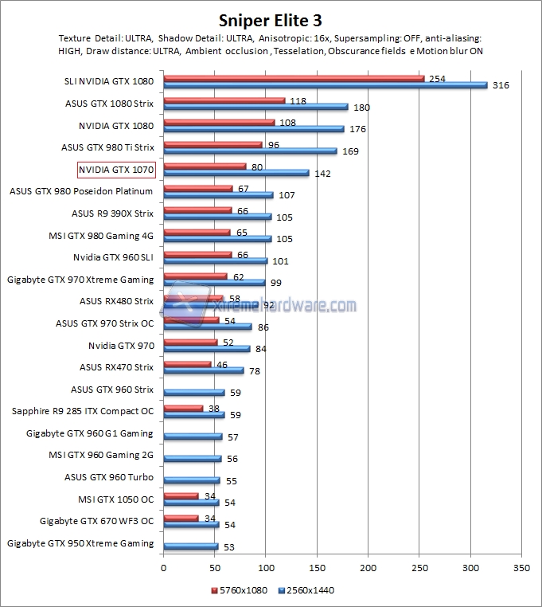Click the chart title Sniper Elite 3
pyautogui.click(x=271, y=20)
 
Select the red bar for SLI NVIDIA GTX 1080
pyautogui.click(x=294, y=78)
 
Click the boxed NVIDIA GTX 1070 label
pyautogui.click(x=115, y=170)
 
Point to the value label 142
pyautogui.click(x=323, y=173)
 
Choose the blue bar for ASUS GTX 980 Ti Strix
pyautogui.click(x=250, y=151)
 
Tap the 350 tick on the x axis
pyautogui.click(x=521, y=569)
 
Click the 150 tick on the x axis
pyautogui.click(x=317, y=569)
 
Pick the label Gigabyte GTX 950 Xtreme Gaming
pyautogui.click(x=80, y=543)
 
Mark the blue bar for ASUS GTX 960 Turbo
pyautogui.click(x=191, y=480)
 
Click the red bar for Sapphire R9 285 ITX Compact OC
pyautogui.click(x=183, y=408)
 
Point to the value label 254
pyautogui.click(x=436, y=79)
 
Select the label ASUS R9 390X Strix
pyautogui.click(x=112, y=213)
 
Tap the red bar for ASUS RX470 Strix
pyautogui.click(x=187, y=364)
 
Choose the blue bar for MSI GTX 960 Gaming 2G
pyautogui.click(x=192, y=458)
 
